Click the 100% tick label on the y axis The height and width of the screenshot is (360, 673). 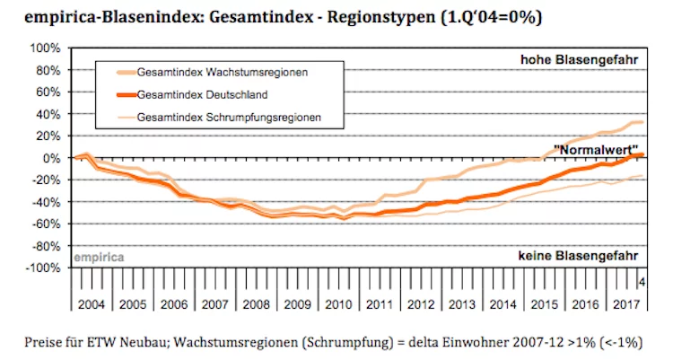[x=45, y=48]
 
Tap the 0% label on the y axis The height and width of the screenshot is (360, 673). [x=51, y=158]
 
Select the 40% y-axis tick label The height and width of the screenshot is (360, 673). [x=48, y=114]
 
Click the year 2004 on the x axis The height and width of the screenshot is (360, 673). [x=92, y=304]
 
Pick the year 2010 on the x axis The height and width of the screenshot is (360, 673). [x=338, y=304]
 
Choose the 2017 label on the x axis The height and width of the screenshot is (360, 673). [x=626, y=304]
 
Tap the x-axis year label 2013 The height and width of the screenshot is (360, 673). [x=462, y=304]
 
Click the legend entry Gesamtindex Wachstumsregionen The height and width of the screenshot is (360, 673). [x=223, y=72]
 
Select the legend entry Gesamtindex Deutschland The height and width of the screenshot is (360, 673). [x=202, y=94]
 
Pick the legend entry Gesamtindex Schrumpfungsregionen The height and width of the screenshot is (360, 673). [x=229, y=118]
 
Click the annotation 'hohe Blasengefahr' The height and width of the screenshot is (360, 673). [x=580, y=60]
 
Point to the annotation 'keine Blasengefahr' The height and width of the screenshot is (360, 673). [x=578, y=256]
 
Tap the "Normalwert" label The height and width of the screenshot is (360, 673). [x=596, y=150]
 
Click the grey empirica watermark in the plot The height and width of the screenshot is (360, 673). [x=99, y=258]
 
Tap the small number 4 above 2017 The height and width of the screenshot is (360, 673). [x=642, y=282]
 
